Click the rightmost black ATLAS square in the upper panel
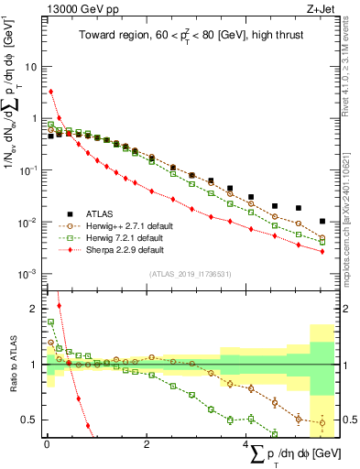[x=321, y=221]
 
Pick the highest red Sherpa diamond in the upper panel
[x=51, y=92]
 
